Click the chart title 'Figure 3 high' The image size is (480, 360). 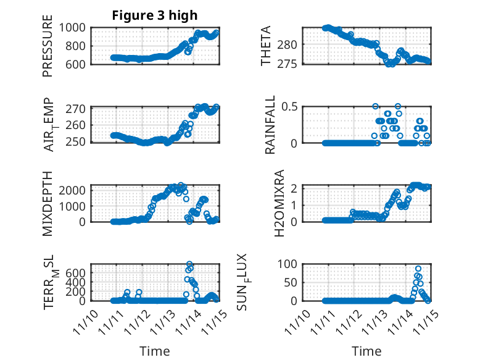[155, 16]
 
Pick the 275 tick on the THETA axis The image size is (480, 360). [292, 64]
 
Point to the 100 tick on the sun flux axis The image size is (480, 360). [289, 264]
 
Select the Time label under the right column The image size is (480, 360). [366, 351]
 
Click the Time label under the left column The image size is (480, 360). [154, 351]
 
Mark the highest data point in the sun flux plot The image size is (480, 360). [418, 269]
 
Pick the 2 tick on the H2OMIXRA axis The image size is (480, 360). [295, 188]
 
